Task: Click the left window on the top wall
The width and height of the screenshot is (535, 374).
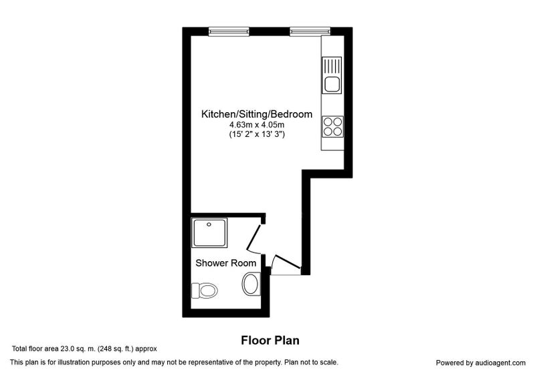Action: [x=229, y=31]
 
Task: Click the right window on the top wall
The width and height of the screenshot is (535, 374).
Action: [x=310, y=31]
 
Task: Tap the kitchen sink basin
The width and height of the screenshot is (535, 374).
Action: [x=332, y=84]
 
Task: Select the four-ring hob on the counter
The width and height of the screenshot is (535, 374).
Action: [x=332, y=127]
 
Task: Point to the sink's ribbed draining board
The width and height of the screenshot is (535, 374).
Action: [x=332, y=66]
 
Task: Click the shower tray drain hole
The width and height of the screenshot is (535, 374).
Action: [x=209, y=224]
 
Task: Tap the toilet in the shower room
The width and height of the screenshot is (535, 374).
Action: [x=205, y=291]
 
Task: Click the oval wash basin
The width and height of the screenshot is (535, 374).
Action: [x=251, y=284]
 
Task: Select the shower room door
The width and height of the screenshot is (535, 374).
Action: [x=254, y=236]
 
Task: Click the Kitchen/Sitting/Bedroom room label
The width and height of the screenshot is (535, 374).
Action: [x=257, y=114]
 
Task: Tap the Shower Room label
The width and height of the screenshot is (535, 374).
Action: [x=226, y=263]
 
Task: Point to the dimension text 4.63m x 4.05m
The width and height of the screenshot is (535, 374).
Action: [x=257, y=125]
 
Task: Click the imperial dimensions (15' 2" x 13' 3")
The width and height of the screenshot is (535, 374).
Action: [x=257, y=134]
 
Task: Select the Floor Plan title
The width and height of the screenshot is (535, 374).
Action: [x=270, y=341]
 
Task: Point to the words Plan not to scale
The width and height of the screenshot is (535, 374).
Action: [x=312, y=363]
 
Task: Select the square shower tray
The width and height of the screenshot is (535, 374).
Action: [x=209, y=232]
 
